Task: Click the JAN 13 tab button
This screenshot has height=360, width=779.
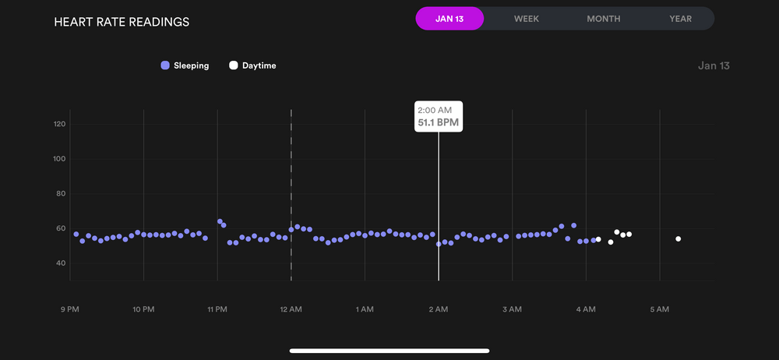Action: pyautogui.click(x=449, y=19)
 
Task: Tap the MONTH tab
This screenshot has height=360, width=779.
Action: pyautogui.click(x=604, y=19)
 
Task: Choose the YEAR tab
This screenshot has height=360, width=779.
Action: pyautogui.click(x=680, y=19)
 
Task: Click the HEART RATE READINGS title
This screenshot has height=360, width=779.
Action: pyautogui.click(x=122, y=22)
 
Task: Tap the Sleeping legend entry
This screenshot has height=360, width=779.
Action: pyautogui.click(x=185, y=65)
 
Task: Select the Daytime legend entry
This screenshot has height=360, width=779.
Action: pyautogui.click(x=252, y=65)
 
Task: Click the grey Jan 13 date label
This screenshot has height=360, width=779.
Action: pyautogui.click(x=714, y=65)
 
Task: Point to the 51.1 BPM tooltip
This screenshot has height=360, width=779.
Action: pyautogui.click(x=439, y=116)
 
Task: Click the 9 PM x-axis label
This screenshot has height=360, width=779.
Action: pyautogui.click(x=70, y=310)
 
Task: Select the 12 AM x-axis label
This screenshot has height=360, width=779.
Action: pyautogui.click(x=291, y=310)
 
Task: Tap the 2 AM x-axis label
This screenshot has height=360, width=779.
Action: pyautogui.click(x=439, y=310)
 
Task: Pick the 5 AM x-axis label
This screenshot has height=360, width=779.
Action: pyautogui.click(x=660, y=310)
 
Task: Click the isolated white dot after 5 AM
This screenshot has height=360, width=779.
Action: pyautogui.click(x=679, y=238)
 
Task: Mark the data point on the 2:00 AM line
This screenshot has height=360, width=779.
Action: pyautogui.click(x=439, y=244)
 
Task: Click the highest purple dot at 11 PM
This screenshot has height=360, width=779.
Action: pyautogui.click(x=220, y=221)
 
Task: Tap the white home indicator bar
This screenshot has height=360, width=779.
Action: pyautogui.click(x=389, y=351)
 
